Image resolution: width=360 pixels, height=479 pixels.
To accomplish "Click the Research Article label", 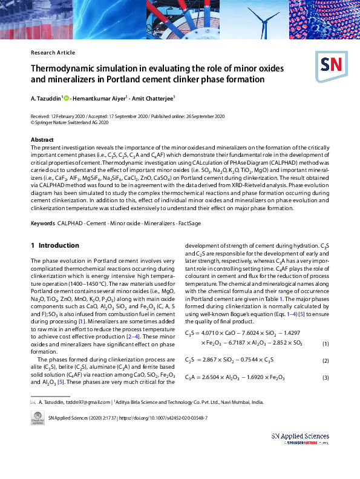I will [53, 53].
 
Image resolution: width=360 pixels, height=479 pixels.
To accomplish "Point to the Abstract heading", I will [42, 140].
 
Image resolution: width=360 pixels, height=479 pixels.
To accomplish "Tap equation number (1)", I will [325, 344].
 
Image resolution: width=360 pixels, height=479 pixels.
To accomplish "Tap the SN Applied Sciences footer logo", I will [300, 438].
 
